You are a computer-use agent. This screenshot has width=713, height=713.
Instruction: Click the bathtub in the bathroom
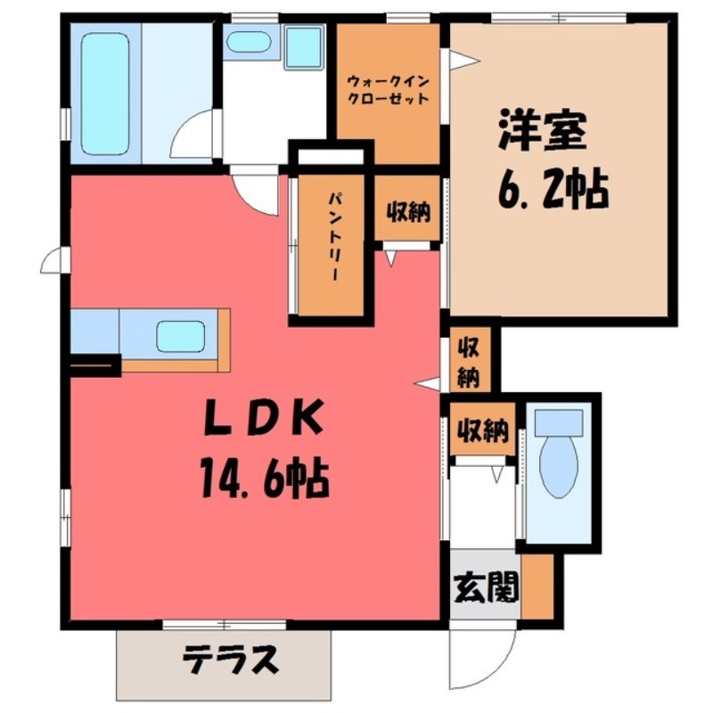click(104, 92)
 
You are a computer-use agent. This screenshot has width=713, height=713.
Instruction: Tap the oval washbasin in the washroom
click(249, 42)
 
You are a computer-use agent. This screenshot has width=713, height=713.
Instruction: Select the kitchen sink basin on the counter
click(181, 336)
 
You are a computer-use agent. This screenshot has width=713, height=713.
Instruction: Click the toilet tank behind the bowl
click(559, 419)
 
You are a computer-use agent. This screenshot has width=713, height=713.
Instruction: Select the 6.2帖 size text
click(548, 189)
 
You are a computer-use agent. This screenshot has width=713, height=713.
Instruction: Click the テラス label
click(232, 660)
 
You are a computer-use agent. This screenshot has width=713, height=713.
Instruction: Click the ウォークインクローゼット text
click(388, 89)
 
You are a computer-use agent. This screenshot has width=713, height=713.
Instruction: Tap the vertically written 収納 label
click(468, 361)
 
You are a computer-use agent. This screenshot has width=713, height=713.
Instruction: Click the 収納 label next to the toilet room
click(482, 432)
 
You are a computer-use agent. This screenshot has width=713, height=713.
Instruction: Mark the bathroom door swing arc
click(192, 138)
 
